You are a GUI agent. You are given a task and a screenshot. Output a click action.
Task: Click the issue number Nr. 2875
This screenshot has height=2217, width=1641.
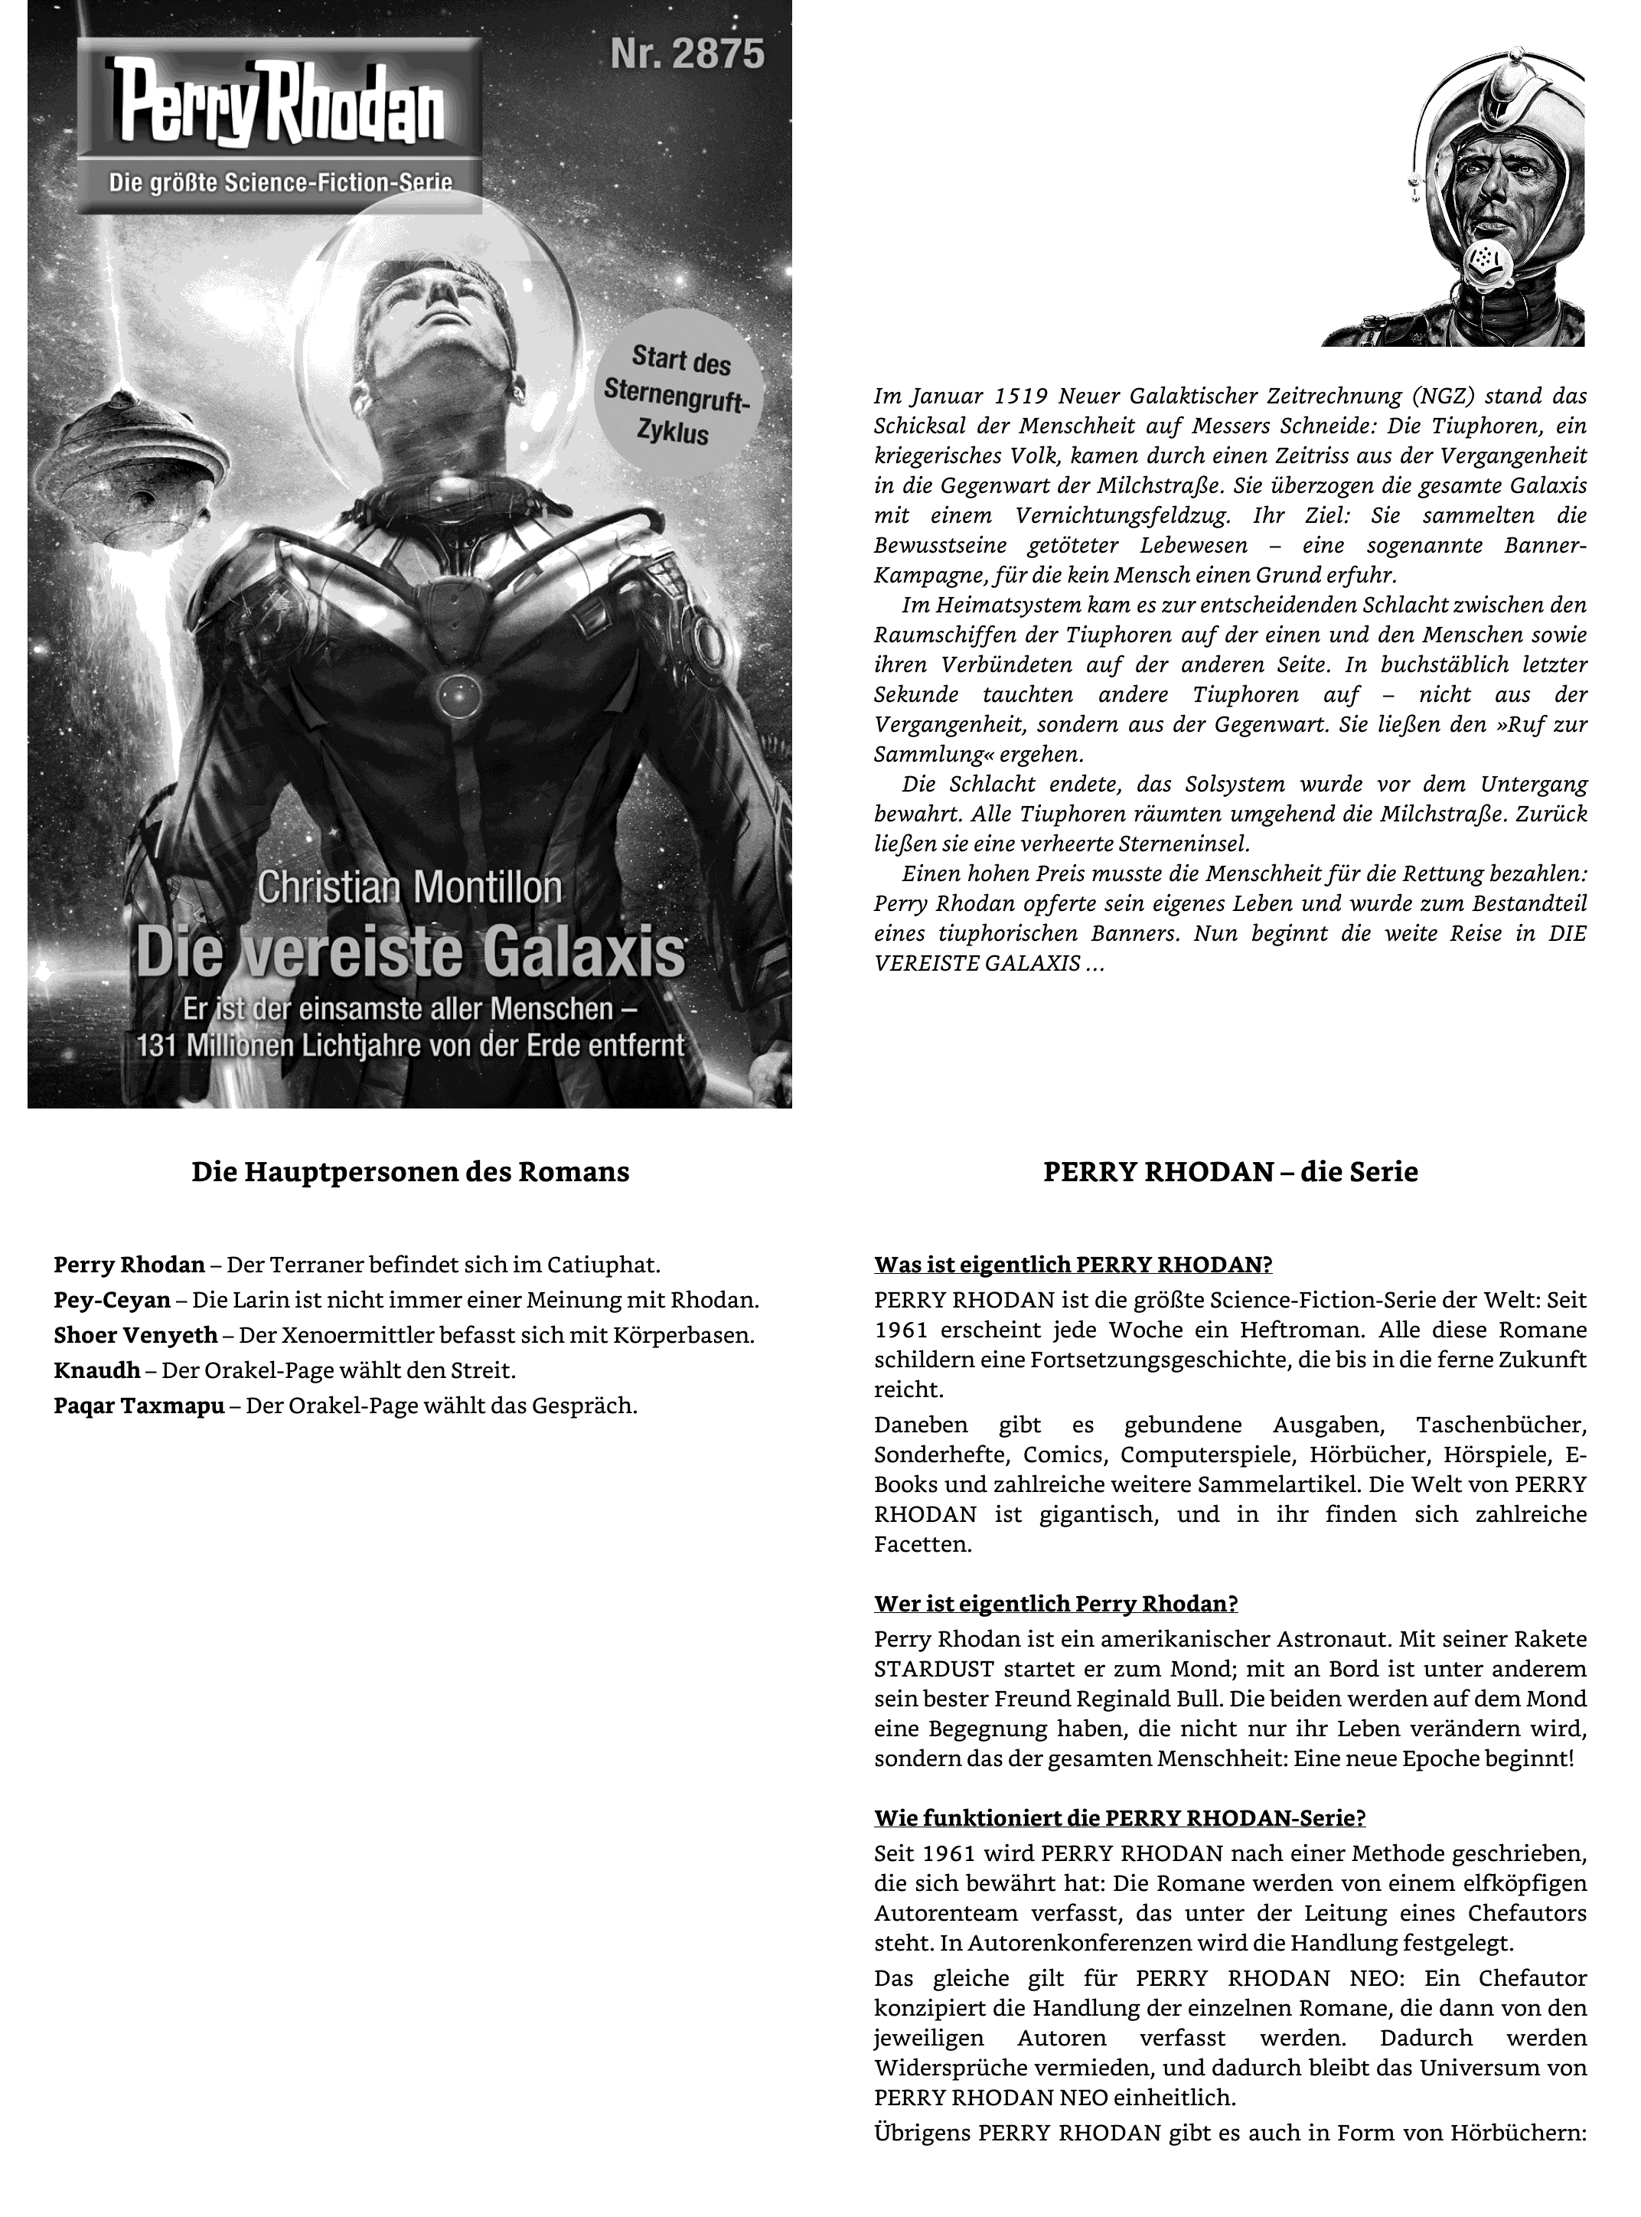pyautogui.click(x=687, y=54)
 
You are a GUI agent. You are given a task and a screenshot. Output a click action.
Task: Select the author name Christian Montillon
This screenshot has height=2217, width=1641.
pyautogui.click(x=409, y=887)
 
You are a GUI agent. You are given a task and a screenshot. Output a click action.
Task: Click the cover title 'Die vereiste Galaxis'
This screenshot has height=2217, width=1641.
pyautogui.click(x=410, y=952)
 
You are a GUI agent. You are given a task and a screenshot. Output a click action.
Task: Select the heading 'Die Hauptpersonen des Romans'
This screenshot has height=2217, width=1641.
pyautogui.click(x=410, y=1172)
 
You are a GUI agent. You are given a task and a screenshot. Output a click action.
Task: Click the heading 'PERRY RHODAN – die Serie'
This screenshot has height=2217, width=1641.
pyautogui.click(x=1230, y=1172)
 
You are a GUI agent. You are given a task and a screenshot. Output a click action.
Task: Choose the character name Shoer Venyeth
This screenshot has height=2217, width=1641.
pyautogui.click(x=135, y=1335)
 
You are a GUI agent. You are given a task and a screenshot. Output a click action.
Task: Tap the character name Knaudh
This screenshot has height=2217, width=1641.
pyautogui.click(x=96, y=1371)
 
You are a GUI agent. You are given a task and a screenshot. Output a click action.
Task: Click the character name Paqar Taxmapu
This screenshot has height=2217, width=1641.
pyautogui.click(x=139, y=1406)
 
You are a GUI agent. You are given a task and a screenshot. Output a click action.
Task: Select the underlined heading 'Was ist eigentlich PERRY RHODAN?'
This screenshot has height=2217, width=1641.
pyautogui.click(x=1073, y=1265)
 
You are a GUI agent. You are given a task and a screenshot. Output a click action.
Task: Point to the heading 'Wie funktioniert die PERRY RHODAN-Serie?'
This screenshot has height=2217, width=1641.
pyautogui.click(x=1120, y=1817)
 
